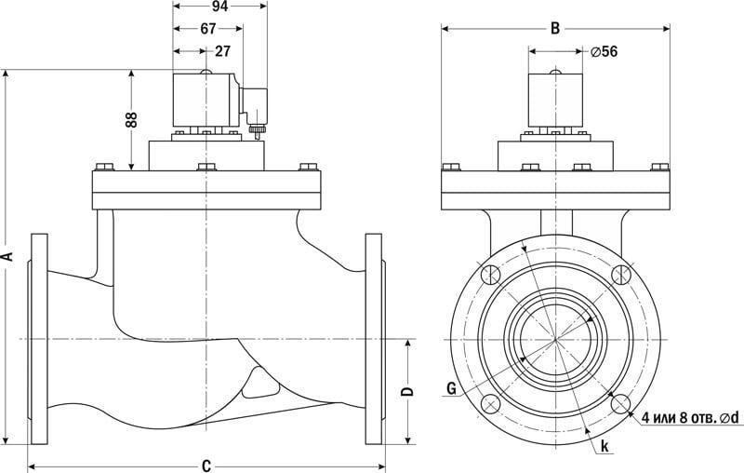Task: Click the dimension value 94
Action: click(219, 7)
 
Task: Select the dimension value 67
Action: click(207, 29)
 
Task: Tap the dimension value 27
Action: click(222, 51)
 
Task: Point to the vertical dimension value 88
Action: click(131, 119)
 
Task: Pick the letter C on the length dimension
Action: click(206, 463)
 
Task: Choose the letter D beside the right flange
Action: click(406, 391)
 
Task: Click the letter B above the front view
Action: click(554, 28)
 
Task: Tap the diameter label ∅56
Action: click(604, 51)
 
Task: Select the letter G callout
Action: click(451, 389)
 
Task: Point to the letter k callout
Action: click(604, 447)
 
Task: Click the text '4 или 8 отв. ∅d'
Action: click(689, 419)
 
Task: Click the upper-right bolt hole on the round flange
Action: click(620, 273)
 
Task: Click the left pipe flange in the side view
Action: click(39, 339)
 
